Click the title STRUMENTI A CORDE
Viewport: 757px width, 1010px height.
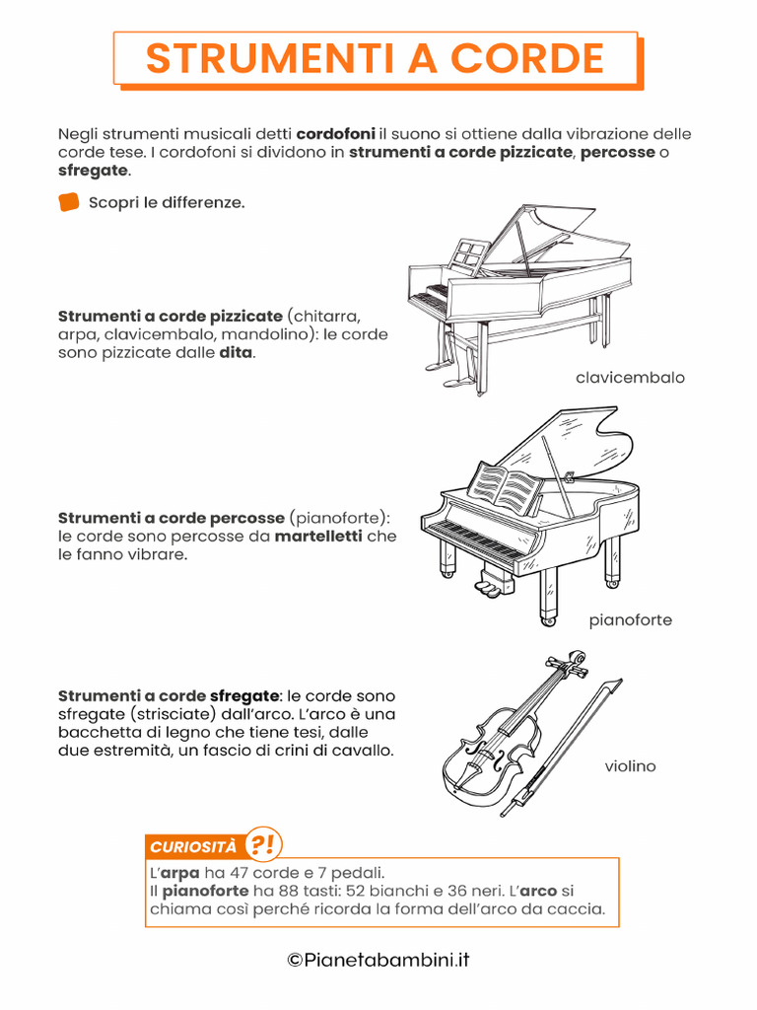point(375,58)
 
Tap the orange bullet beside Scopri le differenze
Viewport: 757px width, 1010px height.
point(68,203)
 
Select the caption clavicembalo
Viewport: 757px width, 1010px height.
point(630,378)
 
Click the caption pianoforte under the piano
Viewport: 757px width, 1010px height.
point(631,620)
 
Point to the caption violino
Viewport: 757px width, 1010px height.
point(630,766)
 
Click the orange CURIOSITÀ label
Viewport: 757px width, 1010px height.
point(193,847)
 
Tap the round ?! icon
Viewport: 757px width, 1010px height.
point(262,844)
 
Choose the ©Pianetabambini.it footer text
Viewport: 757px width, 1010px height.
point(378,960)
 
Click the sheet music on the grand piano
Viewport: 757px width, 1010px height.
point(505,489)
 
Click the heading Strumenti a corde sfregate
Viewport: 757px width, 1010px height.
point(169,695)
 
